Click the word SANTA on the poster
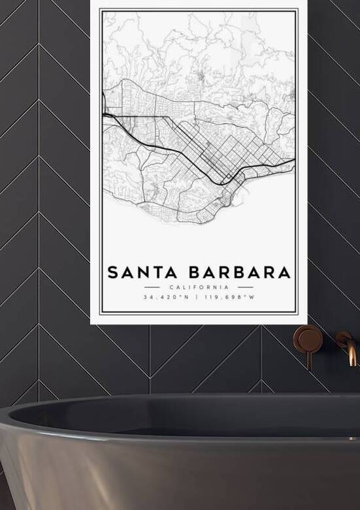137,272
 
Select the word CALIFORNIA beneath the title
199,287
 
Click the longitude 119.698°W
229,298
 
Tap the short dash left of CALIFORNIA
152,287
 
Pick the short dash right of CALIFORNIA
245,287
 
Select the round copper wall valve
306,339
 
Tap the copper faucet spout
351,353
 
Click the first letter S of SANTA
112,272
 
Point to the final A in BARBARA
283,272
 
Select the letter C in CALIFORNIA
171,287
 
